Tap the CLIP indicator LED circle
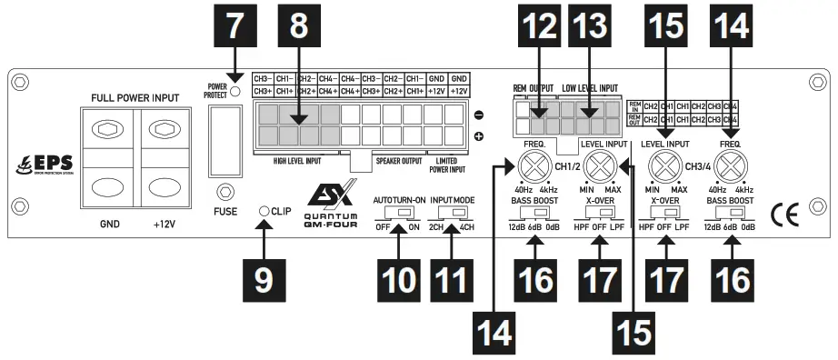(264, 211)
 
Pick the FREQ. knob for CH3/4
(733, 167)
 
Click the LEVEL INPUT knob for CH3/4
(666, 167)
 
